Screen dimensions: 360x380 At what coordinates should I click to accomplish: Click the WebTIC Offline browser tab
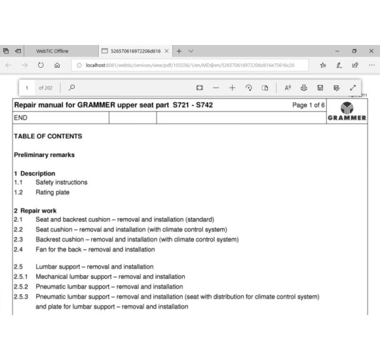52,51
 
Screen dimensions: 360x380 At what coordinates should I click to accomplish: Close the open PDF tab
167,51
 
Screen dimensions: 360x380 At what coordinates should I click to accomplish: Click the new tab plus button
179,51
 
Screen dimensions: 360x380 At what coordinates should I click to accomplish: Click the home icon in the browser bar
57,65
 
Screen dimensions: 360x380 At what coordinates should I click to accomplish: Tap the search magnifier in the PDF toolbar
72,87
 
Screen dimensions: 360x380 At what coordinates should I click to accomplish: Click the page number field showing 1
27,87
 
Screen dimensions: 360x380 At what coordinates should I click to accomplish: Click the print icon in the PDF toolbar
304,87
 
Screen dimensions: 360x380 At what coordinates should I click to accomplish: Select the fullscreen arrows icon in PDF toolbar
353,87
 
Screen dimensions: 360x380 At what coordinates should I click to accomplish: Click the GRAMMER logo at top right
347,111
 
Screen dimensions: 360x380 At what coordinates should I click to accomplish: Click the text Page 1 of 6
308,105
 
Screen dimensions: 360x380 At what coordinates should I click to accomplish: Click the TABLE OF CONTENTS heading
47,136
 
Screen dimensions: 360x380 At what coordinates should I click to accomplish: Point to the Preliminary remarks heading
44,155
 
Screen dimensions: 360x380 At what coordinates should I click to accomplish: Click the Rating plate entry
53,192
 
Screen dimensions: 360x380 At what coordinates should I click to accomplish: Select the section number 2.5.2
23,286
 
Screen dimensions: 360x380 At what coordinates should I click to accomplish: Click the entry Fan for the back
95,249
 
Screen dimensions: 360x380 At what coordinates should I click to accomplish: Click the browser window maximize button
353,51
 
